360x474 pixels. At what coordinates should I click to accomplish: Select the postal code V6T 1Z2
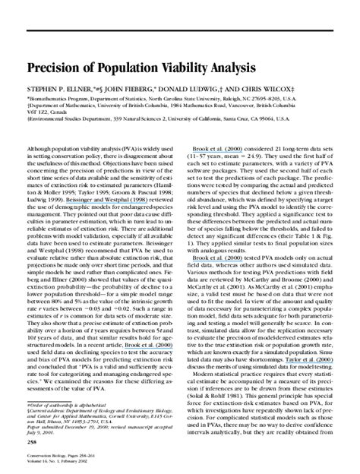click(39, 112)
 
